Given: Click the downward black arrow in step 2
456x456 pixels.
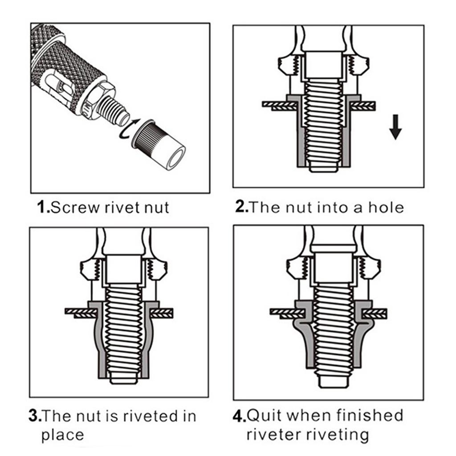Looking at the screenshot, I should point(395,127).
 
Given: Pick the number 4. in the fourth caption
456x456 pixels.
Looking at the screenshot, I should point(239,416).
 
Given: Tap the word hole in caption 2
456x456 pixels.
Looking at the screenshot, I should point(385,207).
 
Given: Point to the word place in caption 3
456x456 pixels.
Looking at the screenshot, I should point(62,435).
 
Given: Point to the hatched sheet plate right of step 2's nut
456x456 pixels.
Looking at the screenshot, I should point(363,105).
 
